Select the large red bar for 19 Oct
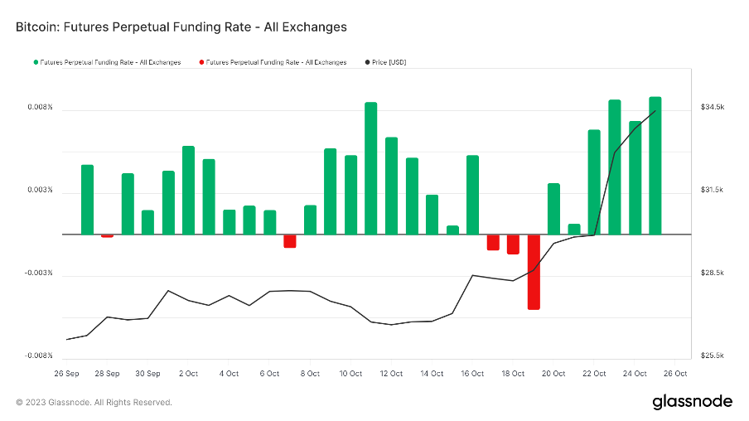pos(533,272)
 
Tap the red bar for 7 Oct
pos(289,241)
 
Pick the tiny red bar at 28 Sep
pos(107,236)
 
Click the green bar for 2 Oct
pos(188,191)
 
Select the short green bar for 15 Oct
pos(452,230)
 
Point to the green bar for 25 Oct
pos(655,166)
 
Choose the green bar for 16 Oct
pos(472,195)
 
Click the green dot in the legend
pos(36,62)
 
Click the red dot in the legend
pos(202,62)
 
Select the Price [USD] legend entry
pos(386,62)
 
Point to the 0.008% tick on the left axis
pos(39,108)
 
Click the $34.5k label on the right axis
pos(713,108)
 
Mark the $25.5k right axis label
pos(713,356)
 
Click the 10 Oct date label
pos(350,374)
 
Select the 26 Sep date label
pos(66,374)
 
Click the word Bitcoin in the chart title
pos(37,27)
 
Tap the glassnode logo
pos(692,402)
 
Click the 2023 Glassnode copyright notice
pos(94,403)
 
